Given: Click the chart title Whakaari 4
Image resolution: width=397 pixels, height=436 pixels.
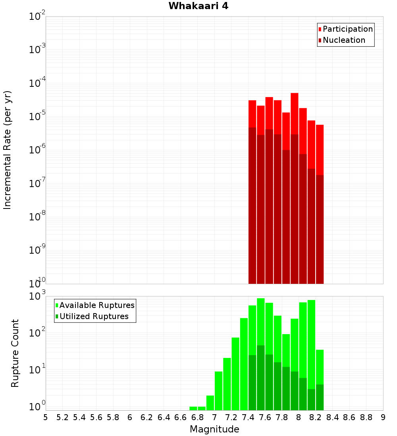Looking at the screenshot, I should coord(198,6).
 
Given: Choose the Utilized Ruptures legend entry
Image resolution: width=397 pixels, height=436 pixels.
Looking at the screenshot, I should coord(94,317).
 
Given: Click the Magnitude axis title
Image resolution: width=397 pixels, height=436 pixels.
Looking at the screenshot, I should coord(214,429).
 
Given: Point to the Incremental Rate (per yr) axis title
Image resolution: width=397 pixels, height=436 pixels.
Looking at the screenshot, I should coord(8,150).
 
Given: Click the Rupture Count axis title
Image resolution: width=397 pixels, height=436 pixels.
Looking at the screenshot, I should coord(15,353).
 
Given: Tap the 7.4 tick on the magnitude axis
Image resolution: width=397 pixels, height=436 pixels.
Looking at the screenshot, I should coord(248,417).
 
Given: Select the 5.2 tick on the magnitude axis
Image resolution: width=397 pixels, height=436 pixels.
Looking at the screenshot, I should coord(63,417).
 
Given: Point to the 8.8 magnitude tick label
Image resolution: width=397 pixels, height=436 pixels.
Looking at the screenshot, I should coord(366,417).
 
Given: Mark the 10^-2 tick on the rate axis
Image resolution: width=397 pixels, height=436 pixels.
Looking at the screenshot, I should coord(37,16).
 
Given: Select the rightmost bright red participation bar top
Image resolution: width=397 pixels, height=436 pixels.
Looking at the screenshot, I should coord(320,126).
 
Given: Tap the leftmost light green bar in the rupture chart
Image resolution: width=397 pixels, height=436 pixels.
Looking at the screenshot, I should coord(193,408).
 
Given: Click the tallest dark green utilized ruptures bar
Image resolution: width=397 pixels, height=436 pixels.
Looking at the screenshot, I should coord(261,377).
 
